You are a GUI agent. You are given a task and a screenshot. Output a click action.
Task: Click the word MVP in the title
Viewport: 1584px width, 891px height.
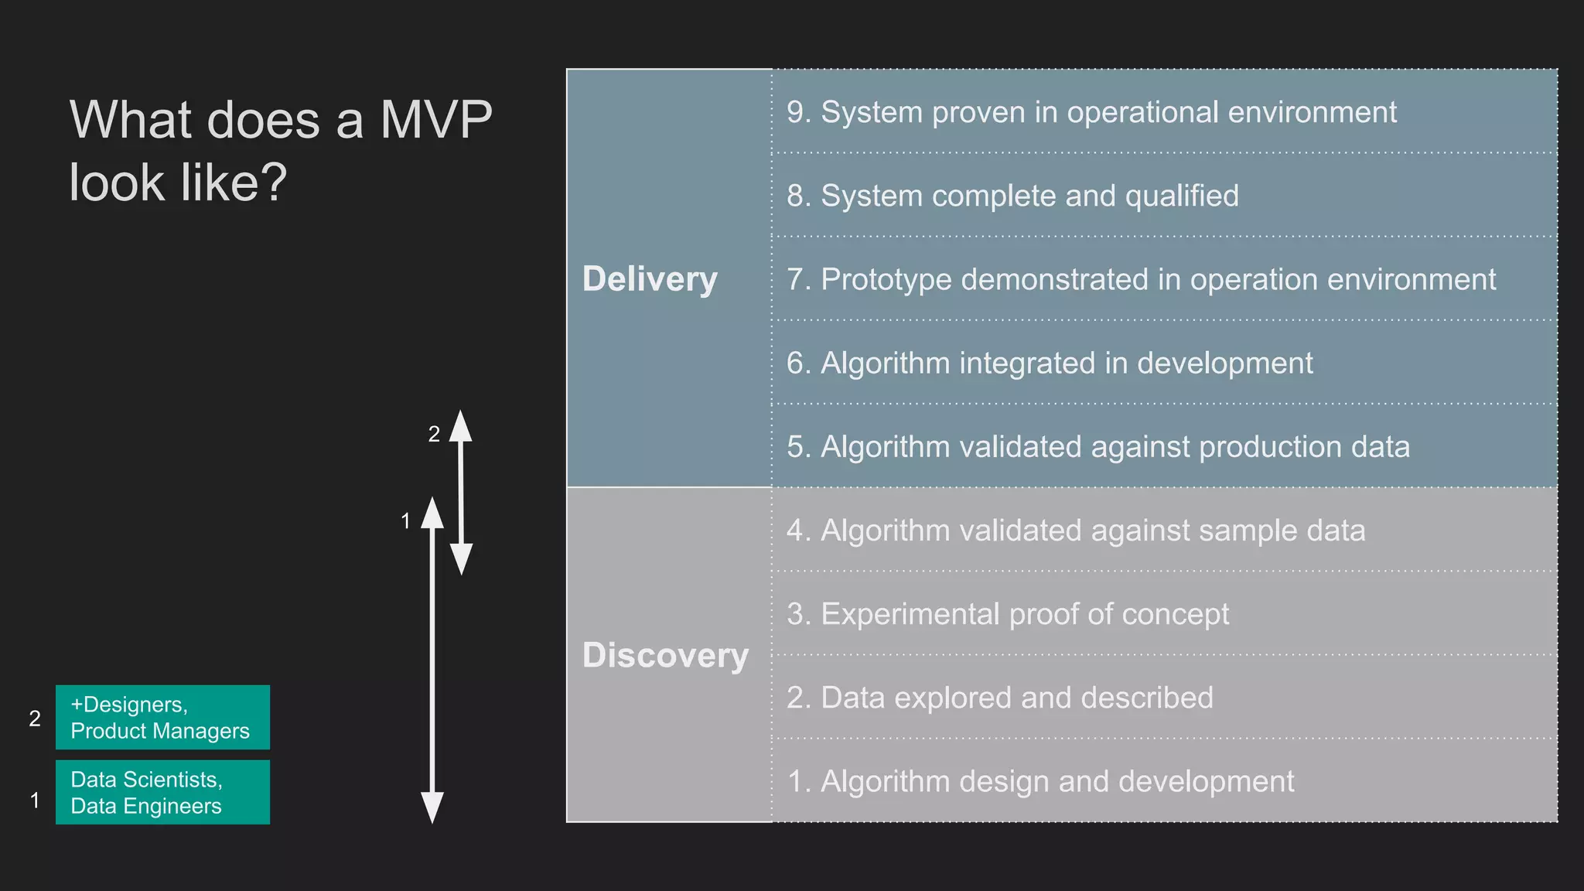[x=436, y=120]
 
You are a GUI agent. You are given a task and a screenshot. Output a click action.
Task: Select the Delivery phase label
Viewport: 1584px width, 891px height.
[x=650, y=279]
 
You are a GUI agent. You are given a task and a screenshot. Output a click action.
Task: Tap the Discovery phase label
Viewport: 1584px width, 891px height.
[x=665, y=655]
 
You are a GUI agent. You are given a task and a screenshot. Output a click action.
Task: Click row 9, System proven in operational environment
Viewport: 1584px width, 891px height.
[x=1091, y=112]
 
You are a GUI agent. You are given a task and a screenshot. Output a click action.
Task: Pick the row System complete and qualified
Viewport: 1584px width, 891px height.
[x=1012, y=196]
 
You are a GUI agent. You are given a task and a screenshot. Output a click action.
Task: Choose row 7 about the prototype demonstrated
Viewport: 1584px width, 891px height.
[x=1141, y=279]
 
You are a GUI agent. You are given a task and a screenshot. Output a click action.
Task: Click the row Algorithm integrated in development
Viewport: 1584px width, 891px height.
[x=1050, y=363]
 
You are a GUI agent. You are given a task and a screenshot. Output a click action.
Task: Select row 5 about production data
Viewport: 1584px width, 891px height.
[x=1098, y=447]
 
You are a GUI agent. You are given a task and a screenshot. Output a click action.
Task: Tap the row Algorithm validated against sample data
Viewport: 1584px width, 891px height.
[x=1076, y=531]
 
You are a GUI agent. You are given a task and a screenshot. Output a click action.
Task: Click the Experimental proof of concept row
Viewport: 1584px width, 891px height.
[x=1008, y=614]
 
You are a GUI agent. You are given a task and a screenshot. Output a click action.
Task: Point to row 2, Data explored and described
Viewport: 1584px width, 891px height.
[x=1000, y=698]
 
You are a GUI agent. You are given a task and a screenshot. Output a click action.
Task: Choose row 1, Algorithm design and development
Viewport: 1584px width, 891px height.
[x=1040, y=781]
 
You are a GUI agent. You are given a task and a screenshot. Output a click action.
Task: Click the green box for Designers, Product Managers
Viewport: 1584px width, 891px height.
[x=162, y=717]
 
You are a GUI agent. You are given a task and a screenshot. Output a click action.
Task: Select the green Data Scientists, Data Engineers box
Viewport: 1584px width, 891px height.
[x=162, y=792]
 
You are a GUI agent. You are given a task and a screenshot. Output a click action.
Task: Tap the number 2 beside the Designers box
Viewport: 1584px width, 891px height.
[x=35, y=719]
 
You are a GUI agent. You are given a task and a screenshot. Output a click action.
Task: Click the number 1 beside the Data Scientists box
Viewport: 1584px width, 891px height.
[x=35, y=801]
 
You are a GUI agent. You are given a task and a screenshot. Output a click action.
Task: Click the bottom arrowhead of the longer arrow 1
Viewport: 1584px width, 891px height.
[x=432, y=808]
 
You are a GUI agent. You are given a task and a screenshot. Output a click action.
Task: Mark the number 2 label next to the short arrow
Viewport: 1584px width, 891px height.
[x=434, y=434]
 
